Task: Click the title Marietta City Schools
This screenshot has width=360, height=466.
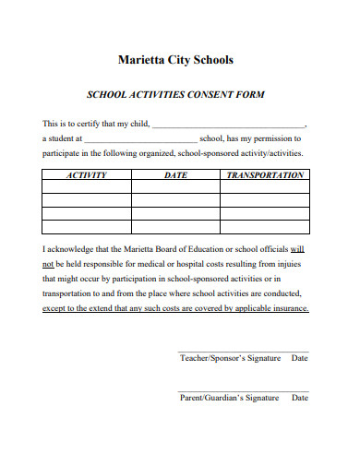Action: coord(176,61)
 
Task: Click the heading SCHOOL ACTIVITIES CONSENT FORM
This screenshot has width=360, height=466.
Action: coord(175,94)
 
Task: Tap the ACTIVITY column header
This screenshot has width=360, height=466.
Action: coord(88,174)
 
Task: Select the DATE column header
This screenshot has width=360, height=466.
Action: coord(175,174)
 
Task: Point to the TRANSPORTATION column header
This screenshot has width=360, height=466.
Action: coord(265,174)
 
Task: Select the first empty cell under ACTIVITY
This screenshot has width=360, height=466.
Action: coord(88,185)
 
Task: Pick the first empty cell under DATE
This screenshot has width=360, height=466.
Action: coord(175,185)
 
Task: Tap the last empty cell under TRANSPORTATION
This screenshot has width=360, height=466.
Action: coord(265,226)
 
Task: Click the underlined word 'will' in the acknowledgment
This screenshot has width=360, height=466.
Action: coord(297,249)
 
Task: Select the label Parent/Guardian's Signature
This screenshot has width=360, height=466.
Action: coord(229,398)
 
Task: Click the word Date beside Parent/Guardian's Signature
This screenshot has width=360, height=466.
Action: coord(299,398)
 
